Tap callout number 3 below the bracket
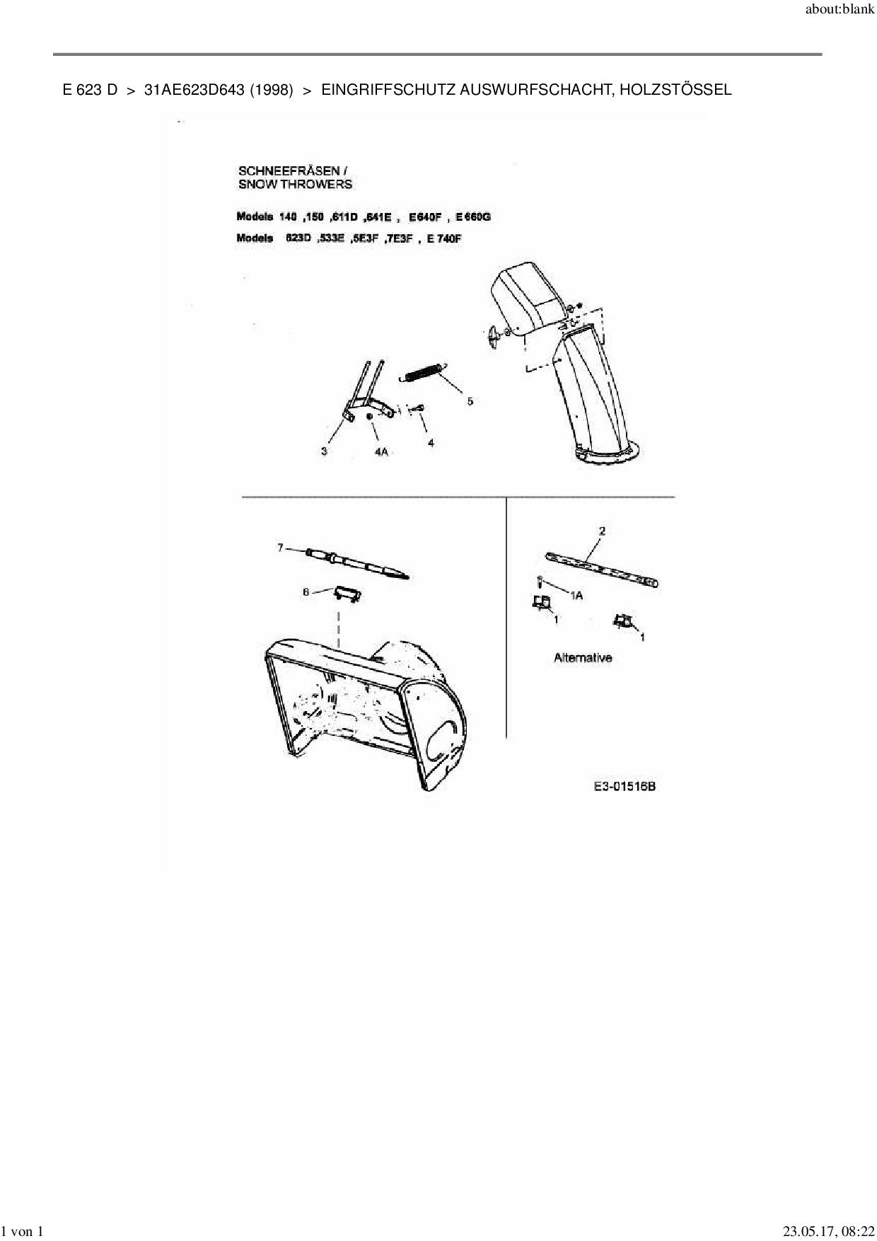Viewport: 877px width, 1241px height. pyautogui.click(x=324, y=451)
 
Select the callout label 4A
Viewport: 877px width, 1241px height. pyautogui.click(x=381, y=451)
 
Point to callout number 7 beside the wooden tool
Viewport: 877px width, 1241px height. pyautogui.click(x=280, y=548)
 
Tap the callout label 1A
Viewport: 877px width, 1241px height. pyautogui.click(x=576, y=596)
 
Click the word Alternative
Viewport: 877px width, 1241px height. pyautogui.click(x=583, y=658)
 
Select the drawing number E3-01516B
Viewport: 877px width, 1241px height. pyautogui.click(x=625, y=786)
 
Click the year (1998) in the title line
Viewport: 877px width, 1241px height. pyautogui.click(x=272, y=90)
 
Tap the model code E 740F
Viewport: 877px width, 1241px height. pyautogui.click(x=444, y=238)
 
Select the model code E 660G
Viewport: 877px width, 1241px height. pyautogui.click(x=473, y=217)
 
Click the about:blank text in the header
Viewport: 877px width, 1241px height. pyautogui.click(x=840, y=10)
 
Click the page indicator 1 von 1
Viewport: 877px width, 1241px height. pyautogui.click(x=23, y=1232)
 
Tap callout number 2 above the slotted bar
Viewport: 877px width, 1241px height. pyautogui.click(x=602, y=531)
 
